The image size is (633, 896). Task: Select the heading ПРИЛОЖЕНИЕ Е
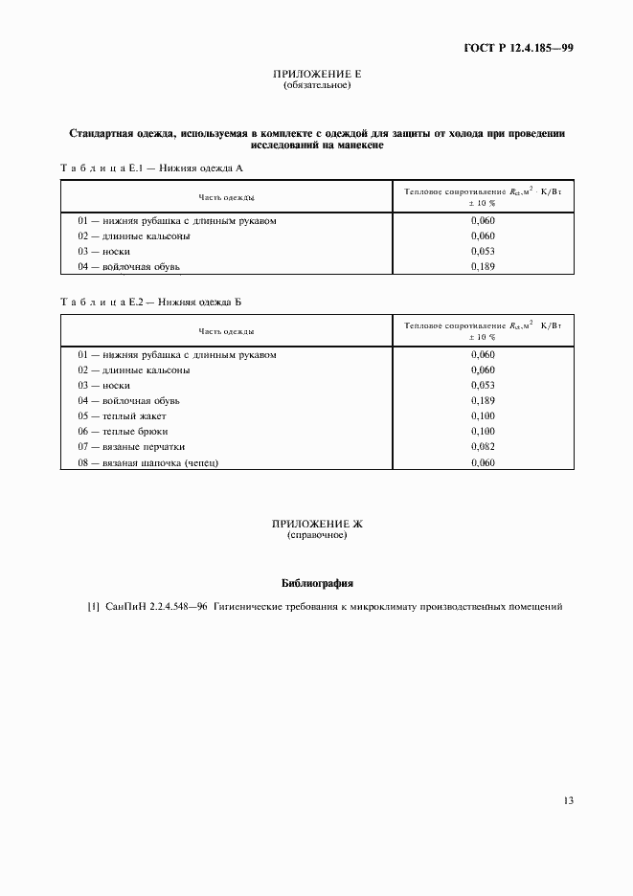click(x=317, y=75)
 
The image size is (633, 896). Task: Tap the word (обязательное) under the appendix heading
click(x=317, y=85)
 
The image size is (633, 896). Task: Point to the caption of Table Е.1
click(x=152, y=168)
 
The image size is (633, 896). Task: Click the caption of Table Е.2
click(x=152, y=302)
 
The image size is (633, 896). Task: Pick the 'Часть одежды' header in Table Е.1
click(x=226, y=197)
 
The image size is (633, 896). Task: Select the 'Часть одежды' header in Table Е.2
click(x=226, y=331)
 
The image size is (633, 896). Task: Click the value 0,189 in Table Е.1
click(x=483, y=266)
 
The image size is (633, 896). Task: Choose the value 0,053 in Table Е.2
click(x=483, y=385)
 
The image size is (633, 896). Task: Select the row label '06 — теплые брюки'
click(x=123, y=431)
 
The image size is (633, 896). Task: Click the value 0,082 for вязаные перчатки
click(x=483, y=446)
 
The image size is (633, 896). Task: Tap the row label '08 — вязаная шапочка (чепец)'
click(x=148, y=462)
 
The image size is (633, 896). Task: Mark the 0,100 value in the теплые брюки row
click(x=483, y=431)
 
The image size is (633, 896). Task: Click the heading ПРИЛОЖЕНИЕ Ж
click(x=317, y=525)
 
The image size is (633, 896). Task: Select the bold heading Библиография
click(x=317, y=582)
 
